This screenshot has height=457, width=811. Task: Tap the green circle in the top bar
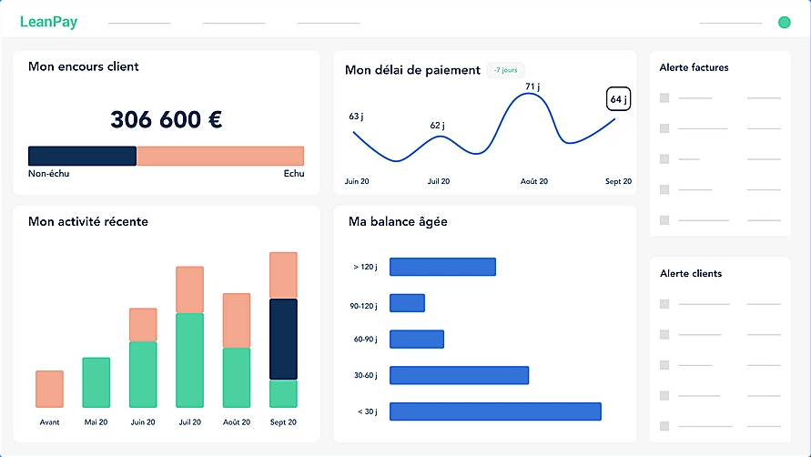[784, 22]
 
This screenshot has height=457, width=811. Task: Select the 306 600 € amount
[167, 119]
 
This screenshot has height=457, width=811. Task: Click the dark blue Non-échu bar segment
[82, 156]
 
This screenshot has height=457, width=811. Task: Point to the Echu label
[293, 174]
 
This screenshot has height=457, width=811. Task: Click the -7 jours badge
[505, 70]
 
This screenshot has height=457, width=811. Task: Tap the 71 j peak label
[532, 86]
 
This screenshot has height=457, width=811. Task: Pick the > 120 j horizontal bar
[442, 267]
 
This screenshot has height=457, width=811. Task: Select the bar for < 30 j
[495, 411]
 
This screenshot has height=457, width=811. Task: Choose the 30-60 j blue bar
[459, 375]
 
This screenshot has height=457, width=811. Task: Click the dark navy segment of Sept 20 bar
[283, 339]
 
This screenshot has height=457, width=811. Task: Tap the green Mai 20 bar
[96, 382]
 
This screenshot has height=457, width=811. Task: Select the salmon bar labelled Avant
[49, 389]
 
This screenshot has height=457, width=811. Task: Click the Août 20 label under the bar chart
[236, 422]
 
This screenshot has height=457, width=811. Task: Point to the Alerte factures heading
[694, 67]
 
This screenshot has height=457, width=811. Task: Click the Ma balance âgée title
[398, 221]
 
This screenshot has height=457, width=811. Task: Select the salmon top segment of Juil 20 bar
[189, 289]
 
